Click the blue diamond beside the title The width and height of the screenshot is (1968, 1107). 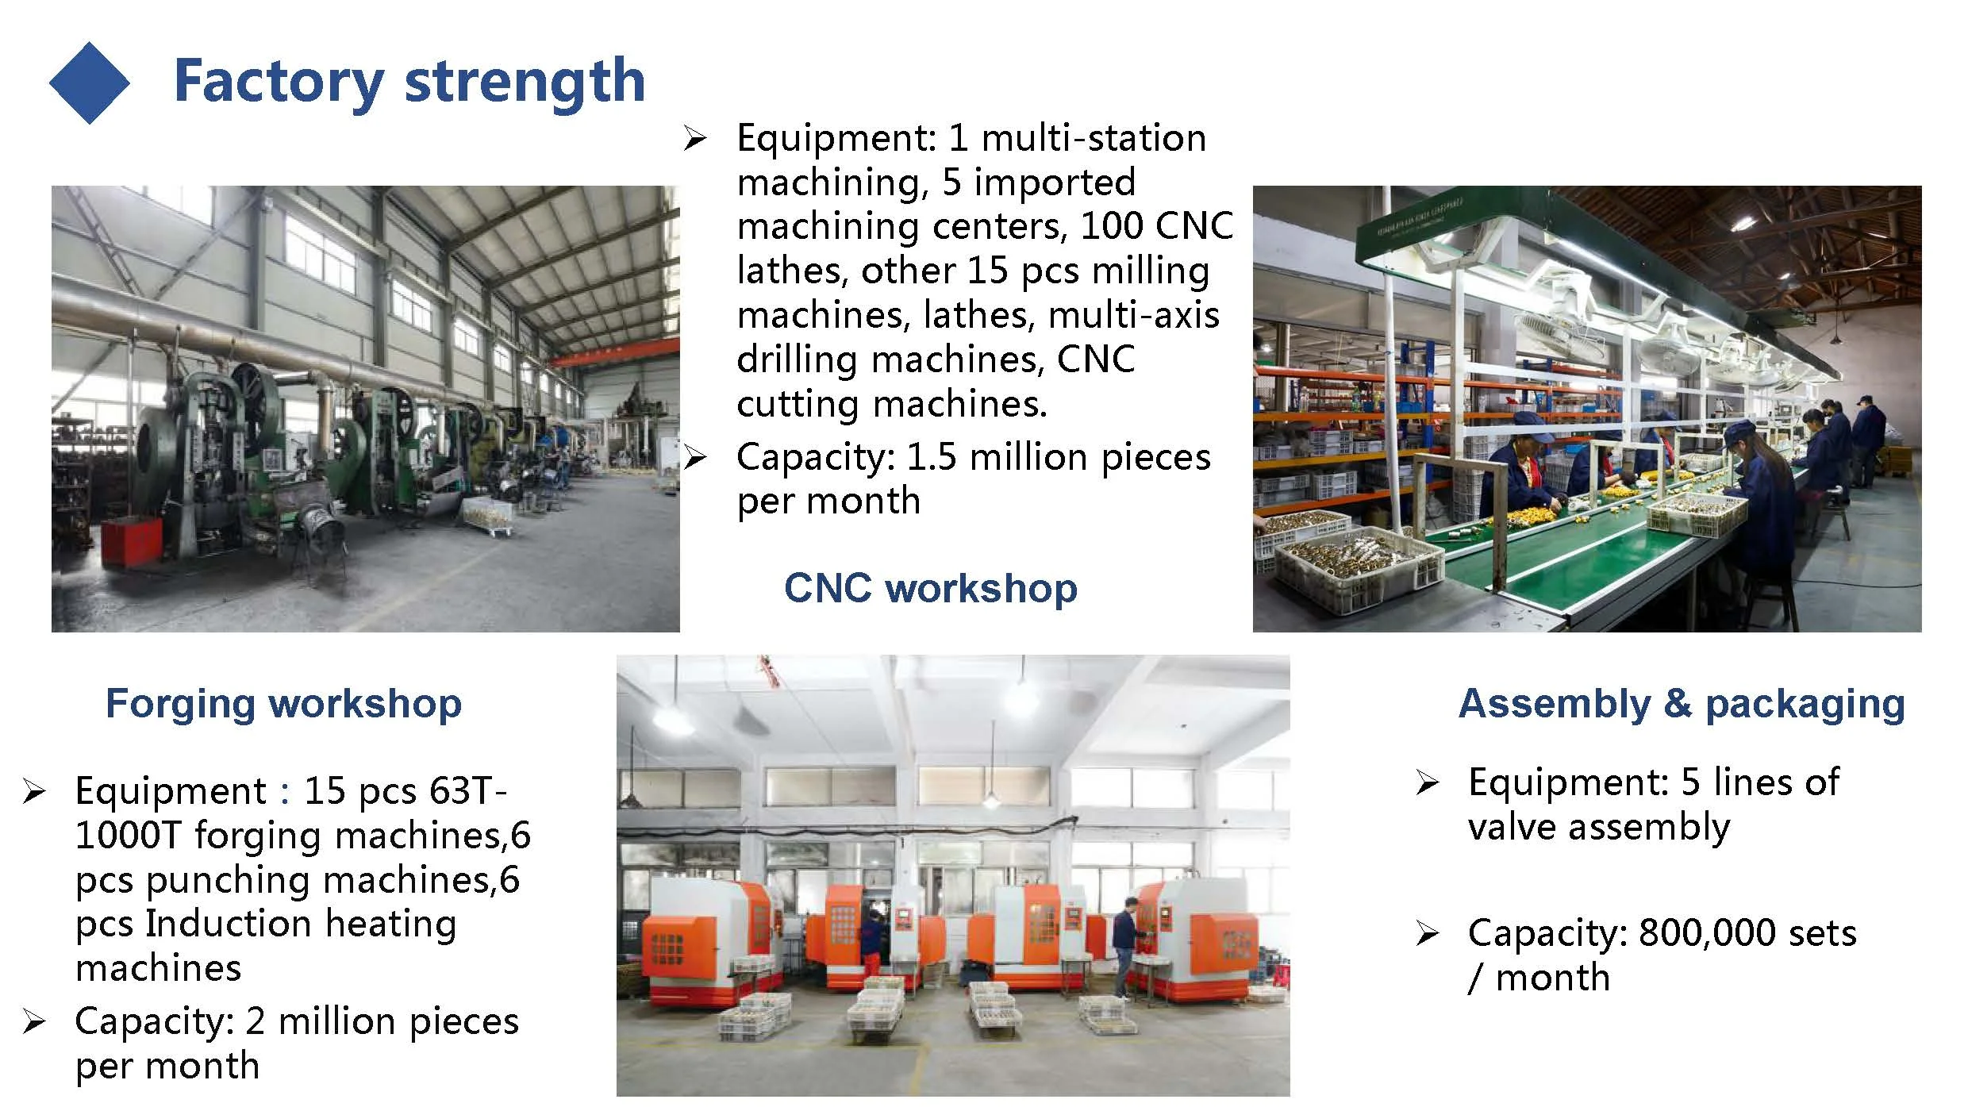click(x=89, y=83)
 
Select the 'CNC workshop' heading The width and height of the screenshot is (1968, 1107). click(x=931, y=588)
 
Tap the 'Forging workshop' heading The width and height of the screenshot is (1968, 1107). click(x=283, y=704)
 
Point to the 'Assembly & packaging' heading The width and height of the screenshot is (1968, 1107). click(x=1682, y=704)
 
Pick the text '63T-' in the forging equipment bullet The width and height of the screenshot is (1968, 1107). click(x=467, y=790)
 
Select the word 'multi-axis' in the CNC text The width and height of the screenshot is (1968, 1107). click(x=1134, y=316)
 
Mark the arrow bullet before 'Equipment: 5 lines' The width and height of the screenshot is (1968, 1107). click(x=1427, y=783)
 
